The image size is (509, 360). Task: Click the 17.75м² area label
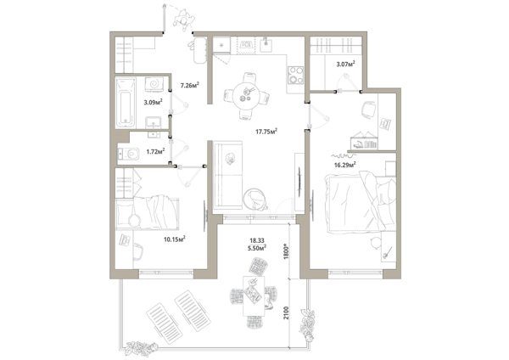(x=266, y=132)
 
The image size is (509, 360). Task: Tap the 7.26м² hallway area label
(x=189, y=86)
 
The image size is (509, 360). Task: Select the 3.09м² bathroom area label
(x=153, y=103)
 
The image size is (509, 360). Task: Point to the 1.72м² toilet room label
(x=155, y=151)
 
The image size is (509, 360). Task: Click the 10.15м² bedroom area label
(x=174, y=239)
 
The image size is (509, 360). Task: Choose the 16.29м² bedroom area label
(x=345, y=165)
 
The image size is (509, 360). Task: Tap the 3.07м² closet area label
(x=345, y=64)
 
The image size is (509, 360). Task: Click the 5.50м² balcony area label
(x=257, y=248)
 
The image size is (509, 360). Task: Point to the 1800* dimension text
(x=286, y=250)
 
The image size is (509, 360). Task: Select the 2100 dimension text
(x=286, y=312)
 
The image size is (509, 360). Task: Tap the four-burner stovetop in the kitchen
(x=295, y=75)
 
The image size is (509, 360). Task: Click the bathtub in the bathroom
(x=126, y=103)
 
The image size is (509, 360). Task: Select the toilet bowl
(x=129, y=154)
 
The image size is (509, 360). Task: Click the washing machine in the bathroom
(x=154, y=84)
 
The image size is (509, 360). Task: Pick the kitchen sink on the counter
(x=267, y=44)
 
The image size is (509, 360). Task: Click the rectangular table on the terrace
(x=254, y=296)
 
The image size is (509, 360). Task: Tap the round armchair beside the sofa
(x=255, y=199)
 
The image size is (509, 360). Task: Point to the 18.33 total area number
(x=257, y=241)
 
